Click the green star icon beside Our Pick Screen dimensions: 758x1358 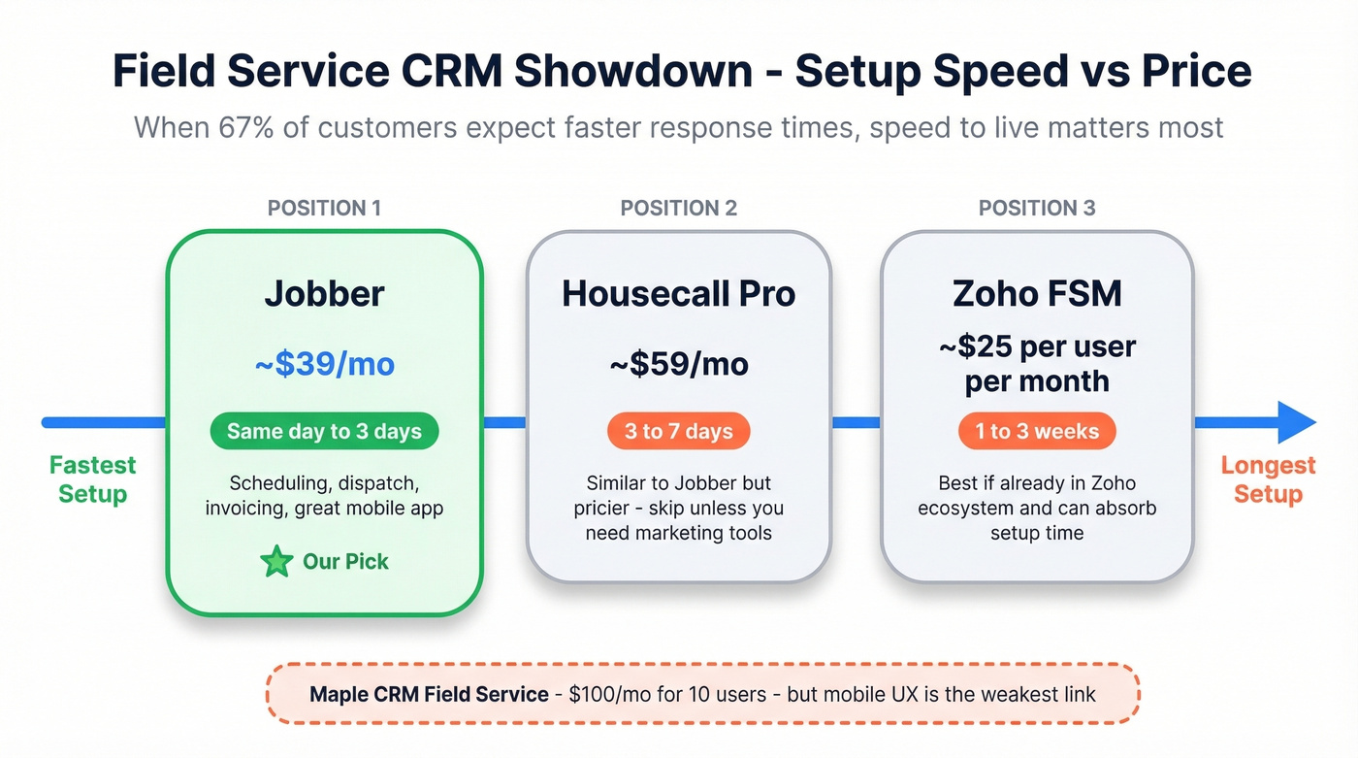276,562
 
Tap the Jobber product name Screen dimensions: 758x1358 324,294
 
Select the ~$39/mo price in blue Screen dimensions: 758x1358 324,364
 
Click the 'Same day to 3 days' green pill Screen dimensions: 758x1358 324,432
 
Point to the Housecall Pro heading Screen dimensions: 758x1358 679,294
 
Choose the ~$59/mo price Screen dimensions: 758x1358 679,364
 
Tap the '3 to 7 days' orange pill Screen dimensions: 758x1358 679,432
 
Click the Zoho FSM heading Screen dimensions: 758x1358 1037,294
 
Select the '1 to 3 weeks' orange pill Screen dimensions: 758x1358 1037,432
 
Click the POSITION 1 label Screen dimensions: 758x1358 324,208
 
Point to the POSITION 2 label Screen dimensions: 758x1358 679,208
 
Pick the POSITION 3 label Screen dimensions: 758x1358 1037,208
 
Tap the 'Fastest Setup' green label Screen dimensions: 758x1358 93,479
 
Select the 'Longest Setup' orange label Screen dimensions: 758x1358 1268,479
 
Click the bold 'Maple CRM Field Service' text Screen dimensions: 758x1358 429,694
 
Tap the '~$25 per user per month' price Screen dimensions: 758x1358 1037,364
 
